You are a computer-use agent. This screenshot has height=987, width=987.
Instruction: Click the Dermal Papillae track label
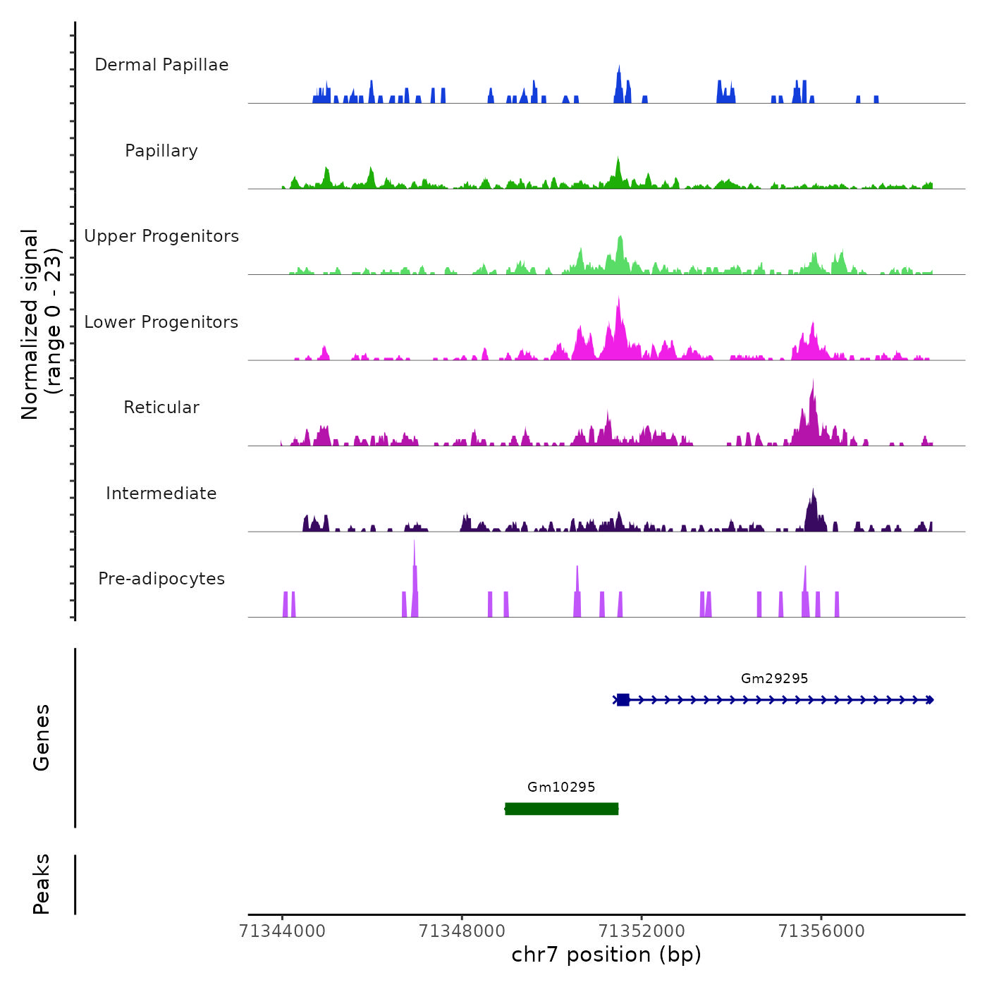(161, 65)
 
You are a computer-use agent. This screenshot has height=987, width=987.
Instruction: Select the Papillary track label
(161, 151)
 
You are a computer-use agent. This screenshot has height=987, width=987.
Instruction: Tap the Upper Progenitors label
(161, 236)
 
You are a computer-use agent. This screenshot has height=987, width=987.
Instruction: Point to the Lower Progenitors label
(161, 322)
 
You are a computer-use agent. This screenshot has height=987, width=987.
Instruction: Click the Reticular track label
(161, 407)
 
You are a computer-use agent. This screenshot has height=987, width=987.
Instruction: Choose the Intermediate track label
(161, 493)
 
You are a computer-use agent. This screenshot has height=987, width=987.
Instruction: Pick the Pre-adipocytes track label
(161, 579)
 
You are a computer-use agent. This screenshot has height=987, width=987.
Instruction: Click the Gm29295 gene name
(774, 678)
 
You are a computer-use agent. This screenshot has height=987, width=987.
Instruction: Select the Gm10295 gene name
(561, 787)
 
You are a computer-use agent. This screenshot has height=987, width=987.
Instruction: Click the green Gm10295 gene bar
(561, 809)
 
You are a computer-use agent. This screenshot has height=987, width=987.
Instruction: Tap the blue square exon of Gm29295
(623, 700)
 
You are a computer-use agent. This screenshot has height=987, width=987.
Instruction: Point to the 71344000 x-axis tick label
(282, 931)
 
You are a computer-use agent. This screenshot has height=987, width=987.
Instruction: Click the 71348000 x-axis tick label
(462, 931)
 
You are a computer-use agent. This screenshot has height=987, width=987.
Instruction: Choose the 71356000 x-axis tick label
(821, 931)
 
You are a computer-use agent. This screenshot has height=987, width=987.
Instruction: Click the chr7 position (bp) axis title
(606, 955)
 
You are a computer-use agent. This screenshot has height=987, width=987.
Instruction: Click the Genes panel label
(42, 737)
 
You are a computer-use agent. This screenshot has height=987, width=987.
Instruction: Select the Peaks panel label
(42, 884)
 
